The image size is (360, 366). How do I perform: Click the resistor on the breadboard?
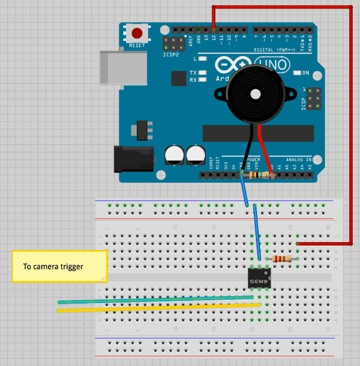282,259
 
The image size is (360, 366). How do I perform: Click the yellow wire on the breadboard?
157,307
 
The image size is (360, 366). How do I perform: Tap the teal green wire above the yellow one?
157,300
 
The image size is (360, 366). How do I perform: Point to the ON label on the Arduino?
306,73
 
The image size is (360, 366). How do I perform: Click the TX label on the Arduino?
193,73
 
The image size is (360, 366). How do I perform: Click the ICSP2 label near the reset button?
170,55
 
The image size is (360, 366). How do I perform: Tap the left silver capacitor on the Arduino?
174,155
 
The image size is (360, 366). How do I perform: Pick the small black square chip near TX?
178,78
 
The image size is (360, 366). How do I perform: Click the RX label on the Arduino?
193,80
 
